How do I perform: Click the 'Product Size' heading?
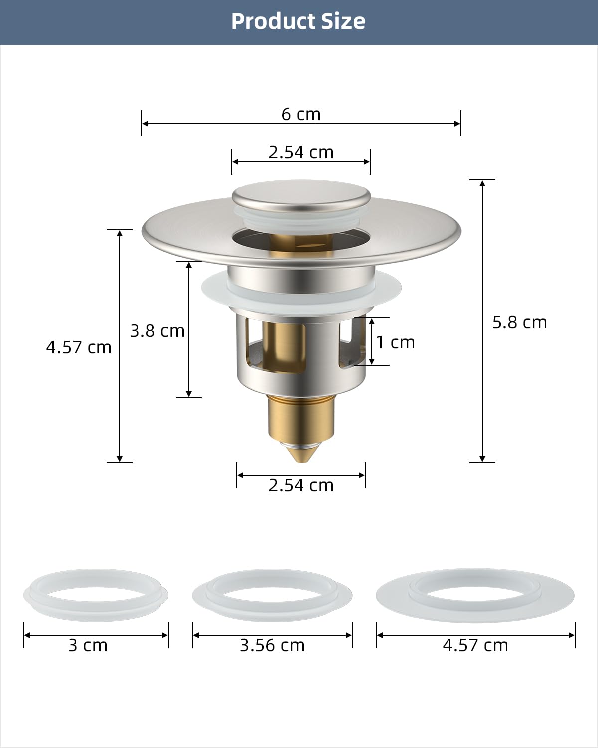coord(298,21)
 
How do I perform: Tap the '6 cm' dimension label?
coord(301,114)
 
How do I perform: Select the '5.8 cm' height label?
coord(519,322)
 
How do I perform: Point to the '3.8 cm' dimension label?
coord(157,331)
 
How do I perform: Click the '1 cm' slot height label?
coord(395,342)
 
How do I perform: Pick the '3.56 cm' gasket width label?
coord(272,645)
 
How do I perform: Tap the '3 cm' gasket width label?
coord(88,645)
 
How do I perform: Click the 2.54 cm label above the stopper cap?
coord(301,152)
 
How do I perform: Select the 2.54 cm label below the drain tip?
coord(301,485)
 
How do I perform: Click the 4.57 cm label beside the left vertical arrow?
coord(79,347)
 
